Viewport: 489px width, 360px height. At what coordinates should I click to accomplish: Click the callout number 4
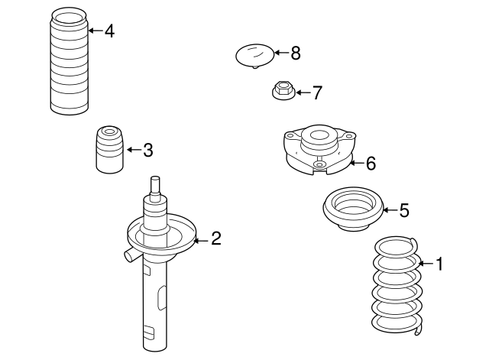point(109,31)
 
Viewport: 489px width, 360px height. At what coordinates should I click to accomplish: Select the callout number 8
point(296,53)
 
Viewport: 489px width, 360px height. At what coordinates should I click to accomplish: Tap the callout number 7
point(317,92)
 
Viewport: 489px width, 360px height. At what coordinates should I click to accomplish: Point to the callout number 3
point(148,150)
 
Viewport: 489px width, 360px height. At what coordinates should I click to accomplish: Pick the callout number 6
point(371,163)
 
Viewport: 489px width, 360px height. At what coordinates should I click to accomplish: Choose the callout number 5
point(404,210)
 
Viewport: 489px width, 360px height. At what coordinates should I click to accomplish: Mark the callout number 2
point(216,238)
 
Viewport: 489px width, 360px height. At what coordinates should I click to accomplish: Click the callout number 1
point(439,264)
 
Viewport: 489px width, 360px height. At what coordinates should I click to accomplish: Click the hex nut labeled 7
point(283,90)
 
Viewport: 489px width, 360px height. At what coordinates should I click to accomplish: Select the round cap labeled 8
point(255,56)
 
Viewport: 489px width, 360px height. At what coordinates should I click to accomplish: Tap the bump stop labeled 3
point(109,149)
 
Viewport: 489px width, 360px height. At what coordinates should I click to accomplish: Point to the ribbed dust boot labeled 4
point(69,61)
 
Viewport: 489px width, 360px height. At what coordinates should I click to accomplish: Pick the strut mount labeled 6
point(319,150)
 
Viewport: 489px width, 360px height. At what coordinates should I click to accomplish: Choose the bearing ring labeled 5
point(353,209)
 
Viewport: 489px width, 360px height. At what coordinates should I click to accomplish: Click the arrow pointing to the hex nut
point(303,92)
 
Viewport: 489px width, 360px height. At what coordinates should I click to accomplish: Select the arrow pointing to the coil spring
point(426,264)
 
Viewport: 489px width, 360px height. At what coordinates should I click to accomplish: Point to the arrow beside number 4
point(96,31)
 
